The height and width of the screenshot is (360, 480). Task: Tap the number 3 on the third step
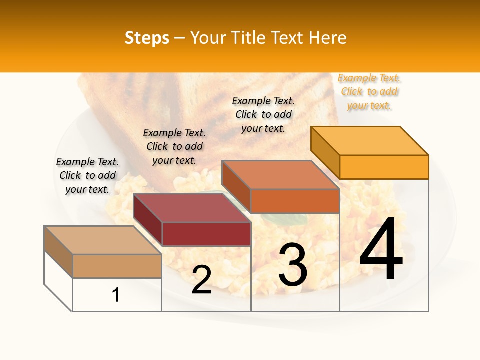coord(292,265)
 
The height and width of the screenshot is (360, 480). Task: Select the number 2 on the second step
coord(201,280)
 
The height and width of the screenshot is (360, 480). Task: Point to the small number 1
coord(116,295)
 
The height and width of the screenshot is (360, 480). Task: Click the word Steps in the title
coord(147,38)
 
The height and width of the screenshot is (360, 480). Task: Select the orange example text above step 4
coord(369,92)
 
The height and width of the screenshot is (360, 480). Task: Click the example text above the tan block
coord(87,176)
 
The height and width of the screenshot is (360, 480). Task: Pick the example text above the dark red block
coord(174,147)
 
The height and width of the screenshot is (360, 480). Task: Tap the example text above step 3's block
coord(263,114)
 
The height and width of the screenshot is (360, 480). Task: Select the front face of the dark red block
coord(206,234)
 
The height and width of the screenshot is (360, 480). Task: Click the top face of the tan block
coord(102,240)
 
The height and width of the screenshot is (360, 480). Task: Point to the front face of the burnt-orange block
coord(295,201)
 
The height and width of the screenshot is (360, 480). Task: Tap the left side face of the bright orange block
coord(325,152)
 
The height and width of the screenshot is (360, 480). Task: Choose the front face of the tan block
coord(117,266)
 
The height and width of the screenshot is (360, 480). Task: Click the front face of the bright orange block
coord(384,167)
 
